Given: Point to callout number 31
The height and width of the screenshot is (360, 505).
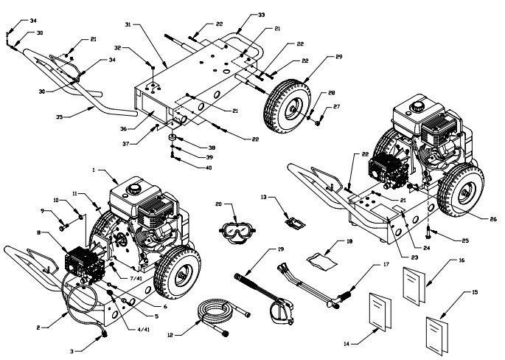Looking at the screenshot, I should pos(127,25).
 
